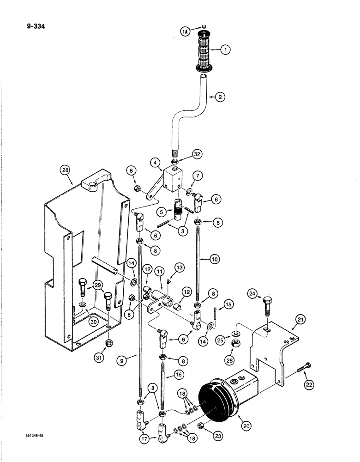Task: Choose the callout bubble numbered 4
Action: (155, 163)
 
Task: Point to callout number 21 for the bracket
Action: (300, 320)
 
